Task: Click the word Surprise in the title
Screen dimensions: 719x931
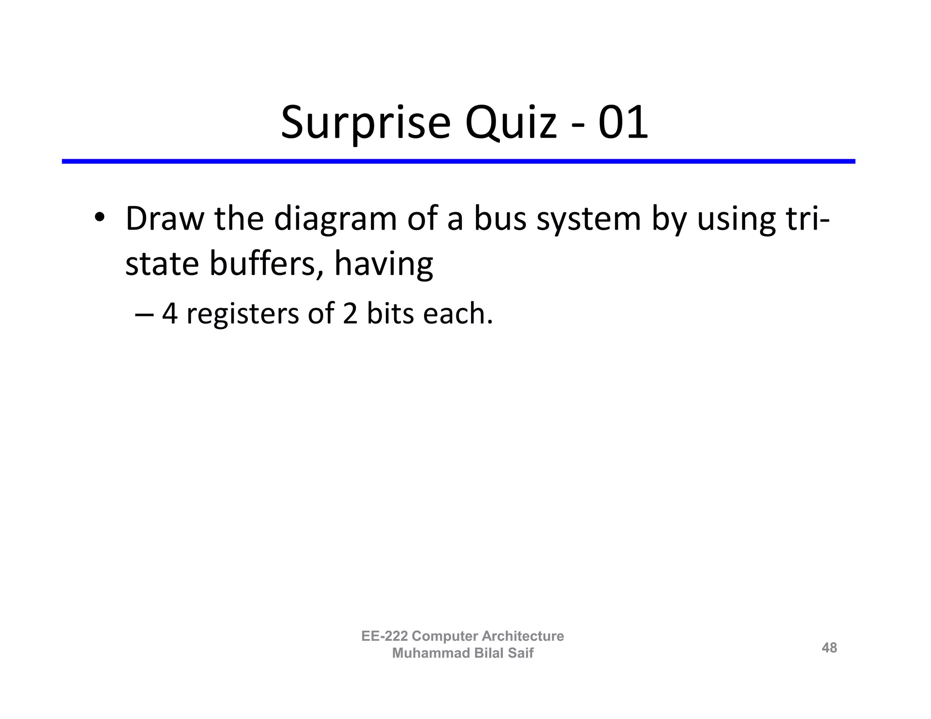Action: (x=365, y=123)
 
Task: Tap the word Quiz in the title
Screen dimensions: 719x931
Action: (x=511, y=123)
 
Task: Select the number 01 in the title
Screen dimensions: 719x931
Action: (x=623, y=123)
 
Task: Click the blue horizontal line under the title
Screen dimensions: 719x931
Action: (x=458, y=161)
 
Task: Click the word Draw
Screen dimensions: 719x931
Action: (x=165, y=219)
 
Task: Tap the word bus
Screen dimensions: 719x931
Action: (x=501, y=219)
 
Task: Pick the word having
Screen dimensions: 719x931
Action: (x=384, y=265)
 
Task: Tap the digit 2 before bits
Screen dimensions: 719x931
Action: (x=350, y=314)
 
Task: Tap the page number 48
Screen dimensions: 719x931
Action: (x=829, y=647)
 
